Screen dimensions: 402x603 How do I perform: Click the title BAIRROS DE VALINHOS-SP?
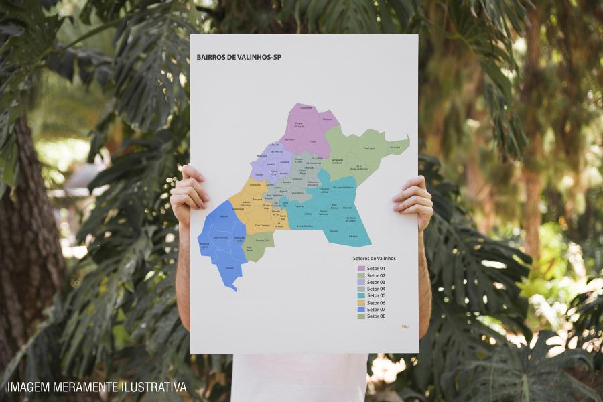pyautogui.click(x=239, y=58)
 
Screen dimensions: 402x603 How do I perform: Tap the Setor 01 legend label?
pyautogui.click(x=376, y=269)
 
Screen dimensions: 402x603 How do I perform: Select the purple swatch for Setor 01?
pyautogui.click(x=360, y=269)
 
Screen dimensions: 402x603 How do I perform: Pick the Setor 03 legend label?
pyautogui.click(x=376, y=282)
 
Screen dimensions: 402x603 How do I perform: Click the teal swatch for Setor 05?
pyautogui.click(x=360, y=295)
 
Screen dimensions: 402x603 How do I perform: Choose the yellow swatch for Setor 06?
pyautogui.click(x=360, y=303)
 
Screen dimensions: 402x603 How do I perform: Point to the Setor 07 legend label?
pyautogui.click(x=376, y=310)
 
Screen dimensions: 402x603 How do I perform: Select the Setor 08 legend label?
pyautogui.click(x=376, y=316)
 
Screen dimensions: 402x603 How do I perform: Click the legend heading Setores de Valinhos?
pyautogui.click(x=375, y=258)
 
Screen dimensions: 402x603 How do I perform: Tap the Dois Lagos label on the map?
pyautogui.click(x=368, y=149)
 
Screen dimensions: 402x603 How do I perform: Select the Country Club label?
pyautogui.click(x=263, y=240)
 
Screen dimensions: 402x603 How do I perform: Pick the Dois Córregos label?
pyautogui.click(x=262, y=226)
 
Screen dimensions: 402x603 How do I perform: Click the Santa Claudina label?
pyautogui.click(x=305, y=226)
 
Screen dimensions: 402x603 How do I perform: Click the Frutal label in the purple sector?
pyautogui.click(x=313, y=141)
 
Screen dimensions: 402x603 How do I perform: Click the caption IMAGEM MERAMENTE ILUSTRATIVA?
pyautogui.click(x=97, y=387)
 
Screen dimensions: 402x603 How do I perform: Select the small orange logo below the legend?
pyautogui.click(x=405, y=327)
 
